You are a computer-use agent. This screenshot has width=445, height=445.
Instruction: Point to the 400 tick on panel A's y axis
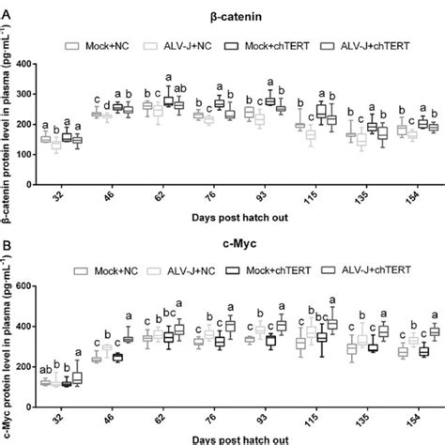38,65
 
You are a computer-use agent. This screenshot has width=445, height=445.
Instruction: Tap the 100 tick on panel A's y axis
38,154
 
